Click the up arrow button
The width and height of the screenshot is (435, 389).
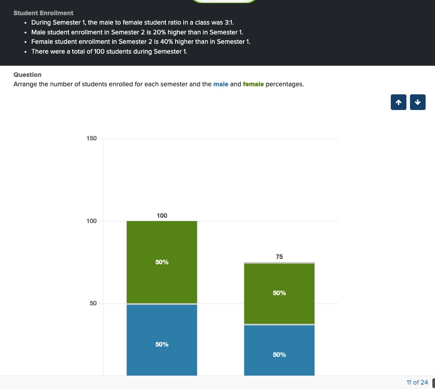[x=398, y=102]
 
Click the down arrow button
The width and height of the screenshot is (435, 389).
[x=418, y=102]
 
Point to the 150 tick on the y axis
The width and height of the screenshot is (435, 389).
[x=91, y=139]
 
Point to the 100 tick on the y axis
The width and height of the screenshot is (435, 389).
[x=91, y=221]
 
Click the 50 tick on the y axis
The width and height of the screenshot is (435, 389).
[x=92, y=304]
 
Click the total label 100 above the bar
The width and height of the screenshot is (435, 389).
[x=162, y=216]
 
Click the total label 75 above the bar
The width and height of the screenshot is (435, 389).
[x=279, y=257]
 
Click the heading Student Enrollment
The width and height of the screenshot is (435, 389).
[x=43, y=13]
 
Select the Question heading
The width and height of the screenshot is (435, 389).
[x=27, y=75]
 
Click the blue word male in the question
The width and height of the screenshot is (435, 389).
[x=221, y=84]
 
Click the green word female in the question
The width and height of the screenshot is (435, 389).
[x=253, y=84]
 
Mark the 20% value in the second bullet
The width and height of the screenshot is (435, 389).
[x=160, y=32]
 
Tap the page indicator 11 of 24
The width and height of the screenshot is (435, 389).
[x=417, y=382]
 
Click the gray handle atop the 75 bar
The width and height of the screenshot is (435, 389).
[x=279, y=262]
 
